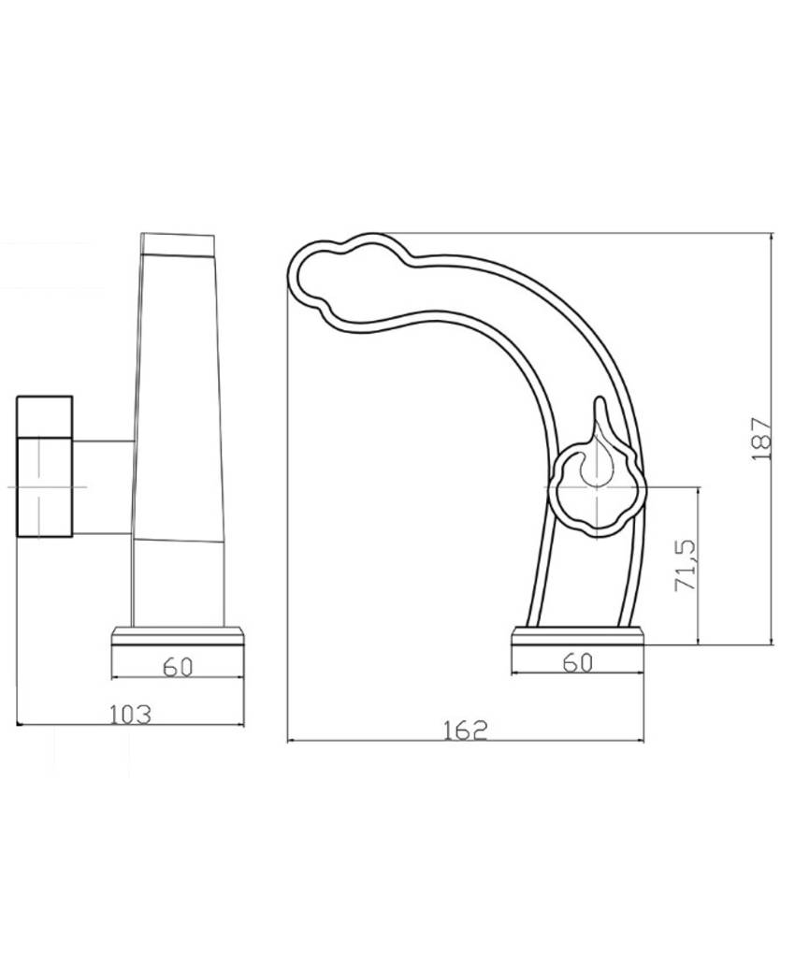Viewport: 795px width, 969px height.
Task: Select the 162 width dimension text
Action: [x=466, y=730]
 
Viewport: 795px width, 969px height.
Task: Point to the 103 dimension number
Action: [x=130, y=715]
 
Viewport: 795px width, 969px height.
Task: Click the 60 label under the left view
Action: [x=178, y=668]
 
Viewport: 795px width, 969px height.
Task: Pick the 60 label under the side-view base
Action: [x=578, y=663]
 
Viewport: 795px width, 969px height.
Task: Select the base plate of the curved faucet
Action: [x=577, y=637]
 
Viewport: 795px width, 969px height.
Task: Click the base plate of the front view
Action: [x=178, y=637]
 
